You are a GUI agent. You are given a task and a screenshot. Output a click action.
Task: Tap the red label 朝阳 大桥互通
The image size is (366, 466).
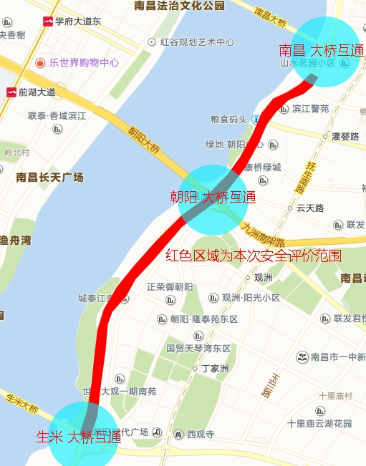click(x=212, y=197)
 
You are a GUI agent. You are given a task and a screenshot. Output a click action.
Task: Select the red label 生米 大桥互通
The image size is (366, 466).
click(x=79, y=437)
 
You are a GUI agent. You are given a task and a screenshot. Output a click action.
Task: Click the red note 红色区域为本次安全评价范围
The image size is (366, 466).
click(x=254, y=255)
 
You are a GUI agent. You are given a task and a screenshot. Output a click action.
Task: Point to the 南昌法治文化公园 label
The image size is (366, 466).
click(x=178, y=6)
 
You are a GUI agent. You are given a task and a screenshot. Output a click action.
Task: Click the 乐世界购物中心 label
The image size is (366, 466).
click(x=84, y=62)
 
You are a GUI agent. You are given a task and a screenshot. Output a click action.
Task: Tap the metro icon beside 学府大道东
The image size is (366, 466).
click(x=48, y=21)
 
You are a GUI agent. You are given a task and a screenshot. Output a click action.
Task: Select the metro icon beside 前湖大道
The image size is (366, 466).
click(x=11, y=92)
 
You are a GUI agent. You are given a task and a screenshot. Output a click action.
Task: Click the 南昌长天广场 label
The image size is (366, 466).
click(x=49, y=177)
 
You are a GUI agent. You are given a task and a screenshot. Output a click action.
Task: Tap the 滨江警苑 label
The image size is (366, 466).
click(x=310, y=109)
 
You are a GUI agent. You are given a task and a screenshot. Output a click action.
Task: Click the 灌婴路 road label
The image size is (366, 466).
click(x=345, y=136)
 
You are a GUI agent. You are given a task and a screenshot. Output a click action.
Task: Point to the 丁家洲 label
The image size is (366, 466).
click(x=214, y=369)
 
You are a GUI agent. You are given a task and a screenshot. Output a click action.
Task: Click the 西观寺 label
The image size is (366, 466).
click(x=201, y=434)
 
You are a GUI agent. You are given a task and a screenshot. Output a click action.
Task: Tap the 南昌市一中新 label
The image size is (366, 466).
click(x=338, y=356)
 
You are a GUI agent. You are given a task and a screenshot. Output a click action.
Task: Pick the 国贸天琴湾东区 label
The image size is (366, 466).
click(x=198, y=349)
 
